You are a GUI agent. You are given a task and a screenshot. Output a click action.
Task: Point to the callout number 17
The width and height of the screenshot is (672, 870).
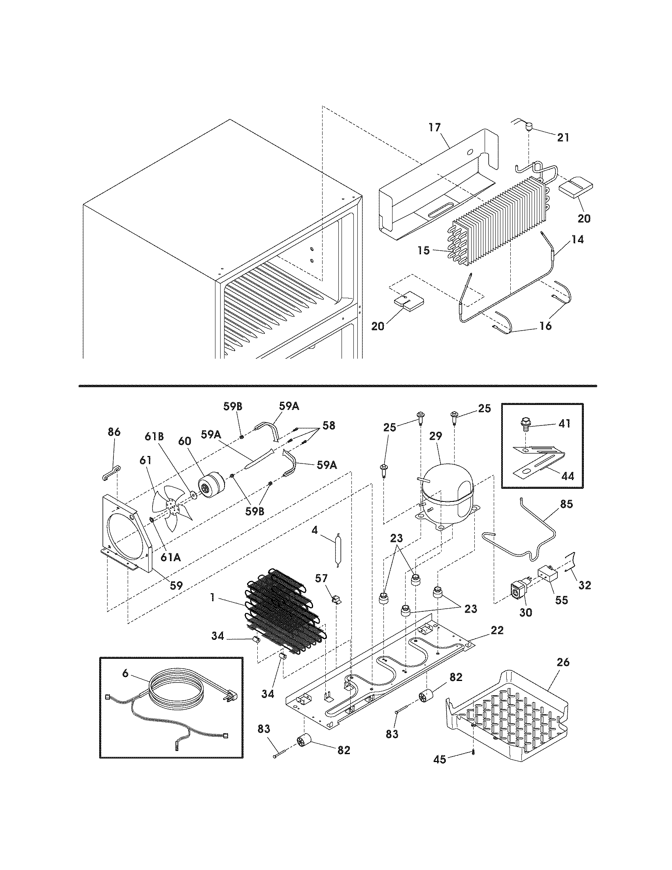coord(435,128)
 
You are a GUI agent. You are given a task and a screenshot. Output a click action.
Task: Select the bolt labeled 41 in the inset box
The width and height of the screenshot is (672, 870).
coord(526,427)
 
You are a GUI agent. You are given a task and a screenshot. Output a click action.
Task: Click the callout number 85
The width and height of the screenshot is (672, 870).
coord(566,504)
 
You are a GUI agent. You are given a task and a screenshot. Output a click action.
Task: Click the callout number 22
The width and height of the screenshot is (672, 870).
coord(497,631)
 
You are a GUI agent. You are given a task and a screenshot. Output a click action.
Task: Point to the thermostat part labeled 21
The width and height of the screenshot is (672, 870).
coord(529,128)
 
